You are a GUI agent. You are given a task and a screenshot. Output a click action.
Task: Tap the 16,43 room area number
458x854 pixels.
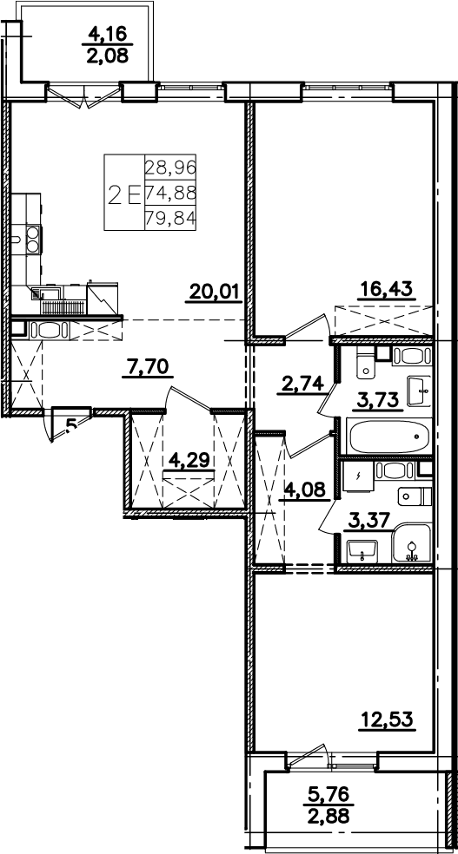(x=387, y=291)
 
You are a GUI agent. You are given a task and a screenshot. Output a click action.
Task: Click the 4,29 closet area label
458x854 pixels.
(x=189, y=462)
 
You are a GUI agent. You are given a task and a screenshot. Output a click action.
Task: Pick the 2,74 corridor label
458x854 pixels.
(x=302, y=385)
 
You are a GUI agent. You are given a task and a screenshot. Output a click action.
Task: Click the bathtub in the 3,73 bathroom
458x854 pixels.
(x=389, y=437)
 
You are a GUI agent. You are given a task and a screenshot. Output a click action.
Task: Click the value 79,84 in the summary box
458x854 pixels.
(x=170, y=219)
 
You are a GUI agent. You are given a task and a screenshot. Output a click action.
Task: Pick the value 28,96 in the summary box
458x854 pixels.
(x=170, y=168)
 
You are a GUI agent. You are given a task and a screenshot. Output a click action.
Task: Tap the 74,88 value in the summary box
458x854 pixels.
(x=170, y=193)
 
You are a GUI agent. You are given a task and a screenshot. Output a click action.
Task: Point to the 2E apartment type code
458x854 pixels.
(x=125, y=194)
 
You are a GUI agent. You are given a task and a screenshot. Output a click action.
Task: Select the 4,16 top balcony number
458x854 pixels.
(x=108, y=35)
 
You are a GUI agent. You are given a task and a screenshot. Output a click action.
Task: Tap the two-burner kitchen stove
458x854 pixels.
(x=32, y=239)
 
